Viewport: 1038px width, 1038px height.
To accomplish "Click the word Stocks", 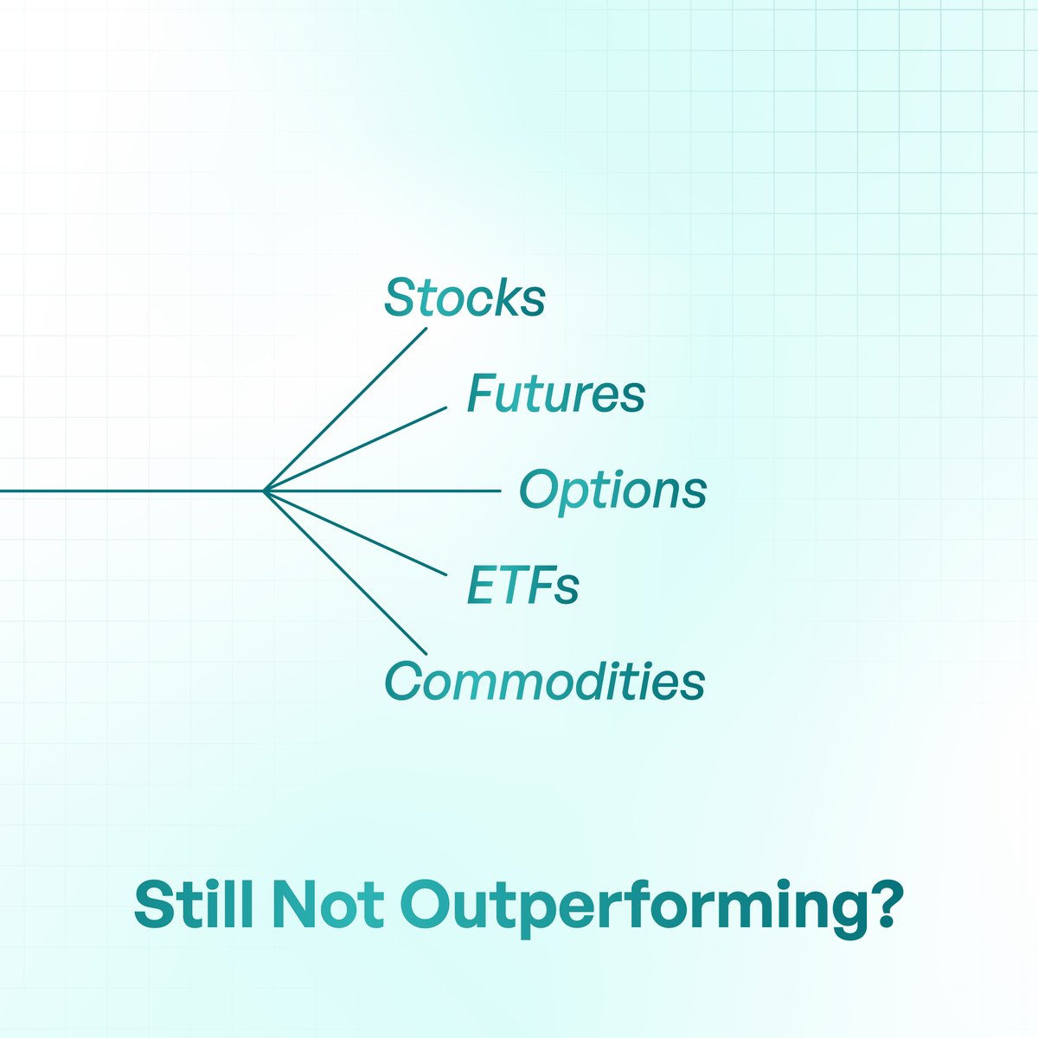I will click(465, 298).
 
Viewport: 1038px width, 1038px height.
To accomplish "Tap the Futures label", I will click(555, 394).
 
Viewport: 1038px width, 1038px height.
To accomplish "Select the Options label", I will click(612, 490).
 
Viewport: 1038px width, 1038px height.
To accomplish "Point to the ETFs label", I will click(522, 586).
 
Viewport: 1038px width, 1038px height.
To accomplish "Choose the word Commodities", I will click(544, 681).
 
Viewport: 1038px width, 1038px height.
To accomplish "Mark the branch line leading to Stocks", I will click(346, 408).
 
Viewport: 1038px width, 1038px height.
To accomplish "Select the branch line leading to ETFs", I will click(355, 533).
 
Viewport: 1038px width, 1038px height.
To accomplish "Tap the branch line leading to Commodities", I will click(346, 573).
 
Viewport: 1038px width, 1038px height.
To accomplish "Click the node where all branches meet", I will click(264, 490).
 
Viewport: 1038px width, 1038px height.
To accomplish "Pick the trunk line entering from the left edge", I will click(130, 490).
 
